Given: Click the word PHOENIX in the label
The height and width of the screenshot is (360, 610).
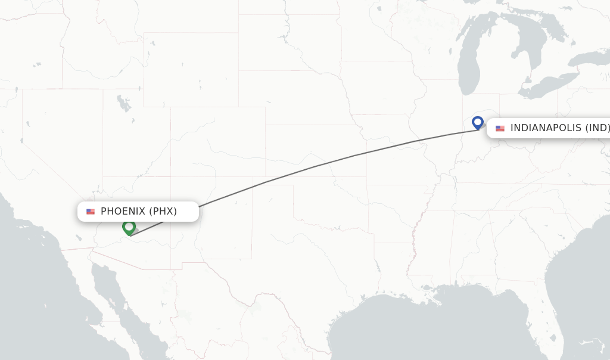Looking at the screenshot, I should click(x=122, y=212).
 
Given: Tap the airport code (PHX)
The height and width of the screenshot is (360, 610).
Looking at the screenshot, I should click(x=163, y=212).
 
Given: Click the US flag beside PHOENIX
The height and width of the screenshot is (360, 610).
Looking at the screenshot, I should click(x=91, y=212).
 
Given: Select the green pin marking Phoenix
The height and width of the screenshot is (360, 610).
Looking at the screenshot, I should click(x=129, y=227).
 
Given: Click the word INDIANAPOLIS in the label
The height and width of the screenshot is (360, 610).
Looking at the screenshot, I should click(x=546, y=128).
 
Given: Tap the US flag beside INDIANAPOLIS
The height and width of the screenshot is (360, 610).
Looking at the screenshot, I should click(x=500, y=128).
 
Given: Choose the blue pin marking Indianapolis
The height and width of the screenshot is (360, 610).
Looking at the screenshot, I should click(x=477, y=122).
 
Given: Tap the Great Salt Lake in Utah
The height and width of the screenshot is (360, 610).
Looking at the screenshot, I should click(x=124, y=104).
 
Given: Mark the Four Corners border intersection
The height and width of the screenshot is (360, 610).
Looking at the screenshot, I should click(x=171, y=177).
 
